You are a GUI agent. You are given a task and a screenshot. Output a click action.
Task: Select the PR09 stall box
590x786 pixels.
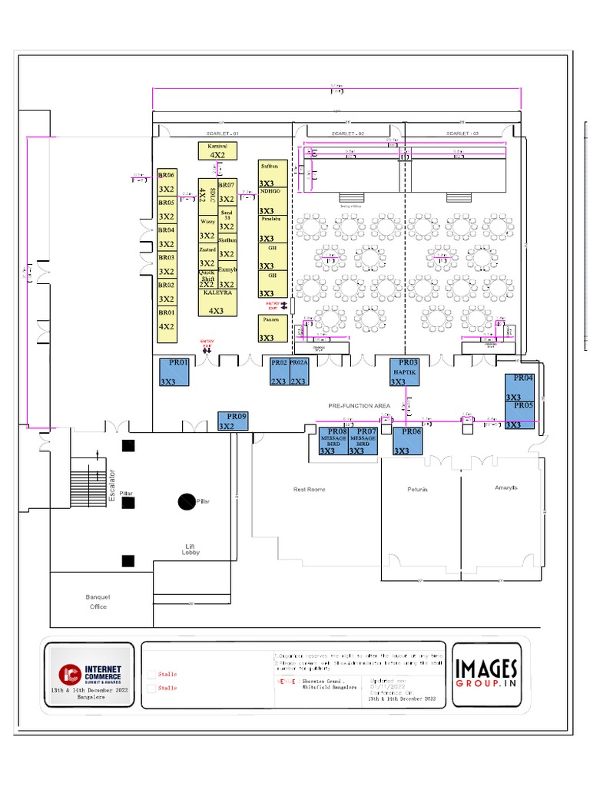coord(234,421)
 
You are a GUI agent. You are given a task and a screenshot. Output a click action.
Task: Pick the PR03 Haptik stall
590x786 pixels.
coord(405,372)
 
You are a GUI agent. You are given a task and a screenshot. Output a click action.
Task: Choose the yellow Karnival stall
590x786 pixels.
coord(217,150)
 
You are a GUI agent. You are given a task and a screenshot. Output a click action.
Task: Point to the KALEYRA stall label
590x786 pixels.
coord(217,293)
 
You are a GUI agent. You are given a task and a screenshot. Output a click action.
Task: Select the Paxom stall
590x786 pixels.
coord(272,329)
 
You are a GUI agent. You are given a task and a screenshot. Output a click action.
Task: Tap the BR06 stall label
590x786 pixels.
coord(167,175)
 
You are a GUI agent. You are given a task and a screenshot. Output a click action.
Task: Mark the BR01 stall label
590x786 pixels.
coord(167,312)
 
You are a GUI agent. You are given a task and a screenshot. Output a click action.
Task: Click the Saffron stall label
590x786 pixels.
coord(270,165)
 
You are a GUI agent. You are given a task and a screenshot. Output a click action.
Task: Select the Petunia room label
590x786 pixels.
coord(418,489)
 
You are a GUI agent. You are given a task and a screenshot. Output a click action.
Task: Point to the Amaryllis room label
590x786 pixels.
coord(506,487)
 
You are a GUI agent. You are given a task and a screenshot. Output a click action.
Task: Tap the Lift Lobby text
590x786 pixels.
coord(191,549)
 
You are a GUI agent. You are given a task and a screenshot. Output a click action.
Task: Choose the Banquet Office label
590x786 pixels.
coord(98,602)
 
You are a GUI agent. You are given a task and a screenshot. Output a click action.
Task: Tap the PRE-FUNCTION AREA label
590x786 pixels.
coord(359,405)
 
